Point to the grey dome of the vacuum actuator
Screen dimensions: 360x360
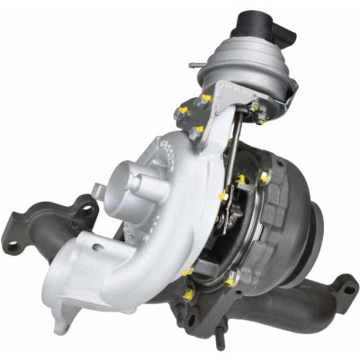tap(236, 58)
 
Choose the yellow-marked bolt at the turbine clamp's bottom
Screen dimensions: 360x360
tap(231, 280)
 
